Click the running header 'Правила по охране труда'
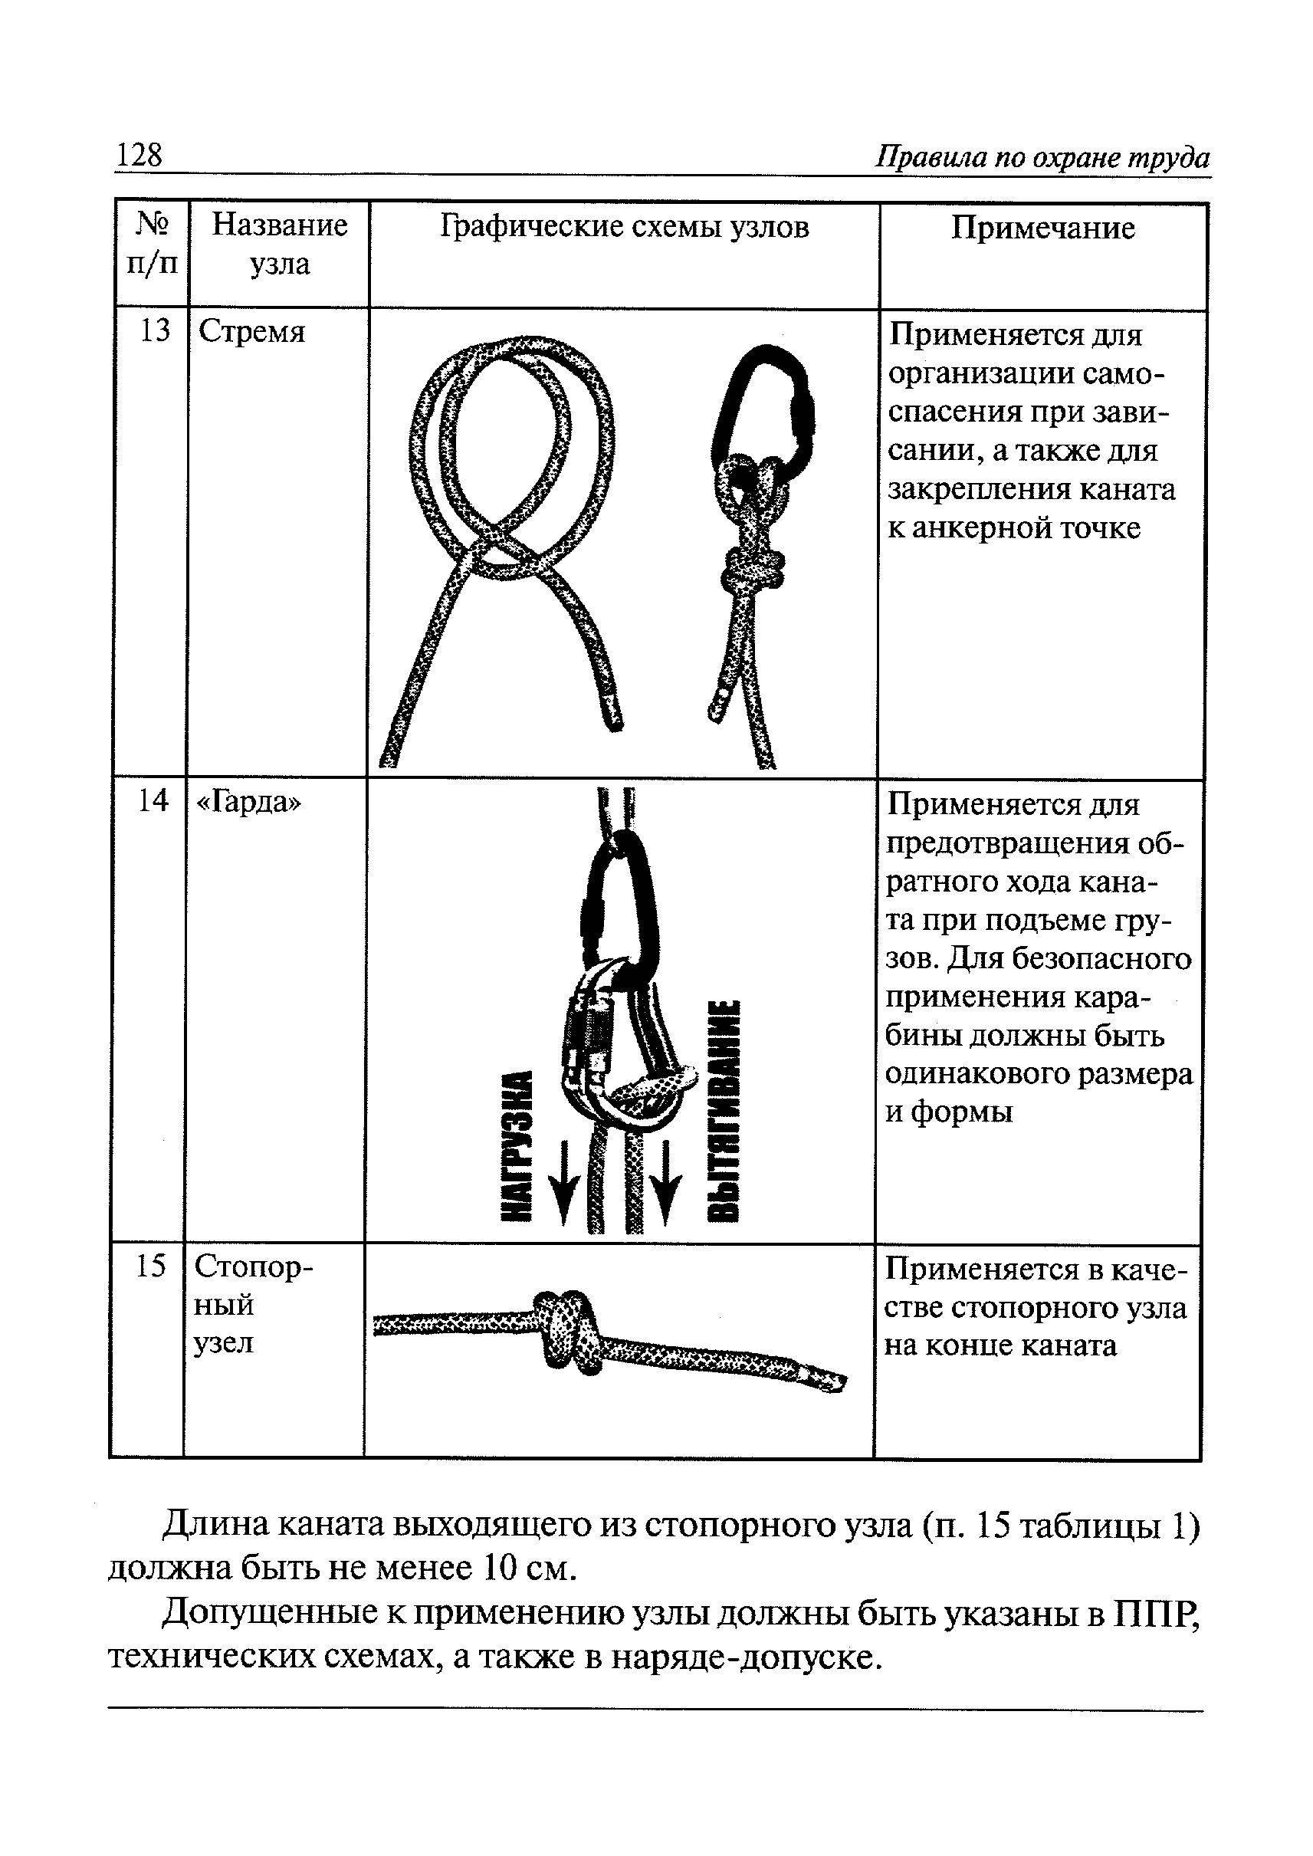pos(1043,157)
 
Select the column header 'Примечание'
pos(1042,228)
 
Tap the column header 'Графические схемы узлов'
pos(624,227)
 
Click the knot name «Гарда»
pos(248,801)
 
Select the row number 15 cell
pos(150,1266)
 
